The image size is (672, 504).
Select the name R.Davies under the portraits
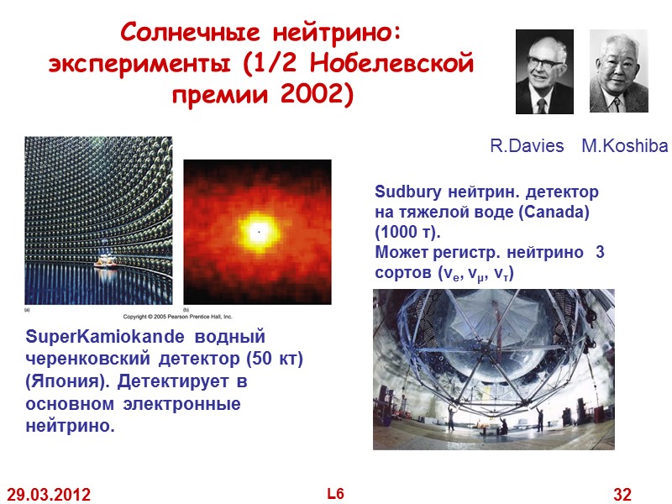[527, 146]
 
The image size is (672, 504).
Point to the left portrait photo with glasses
[543, 71]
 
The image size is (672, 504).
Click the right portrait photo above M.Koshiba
[618, 71]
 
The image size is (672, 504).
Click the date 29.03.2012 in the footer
[49, 495]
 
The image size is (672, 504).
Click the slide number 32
[622, 495]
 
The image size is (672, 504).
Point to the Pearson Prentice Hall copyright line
[178, 317]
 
